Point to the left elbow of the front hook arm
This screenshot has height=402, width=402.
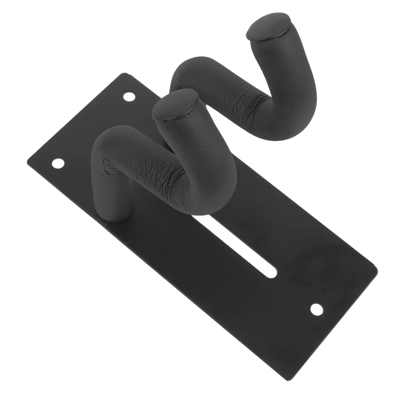tap(106, 146)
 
